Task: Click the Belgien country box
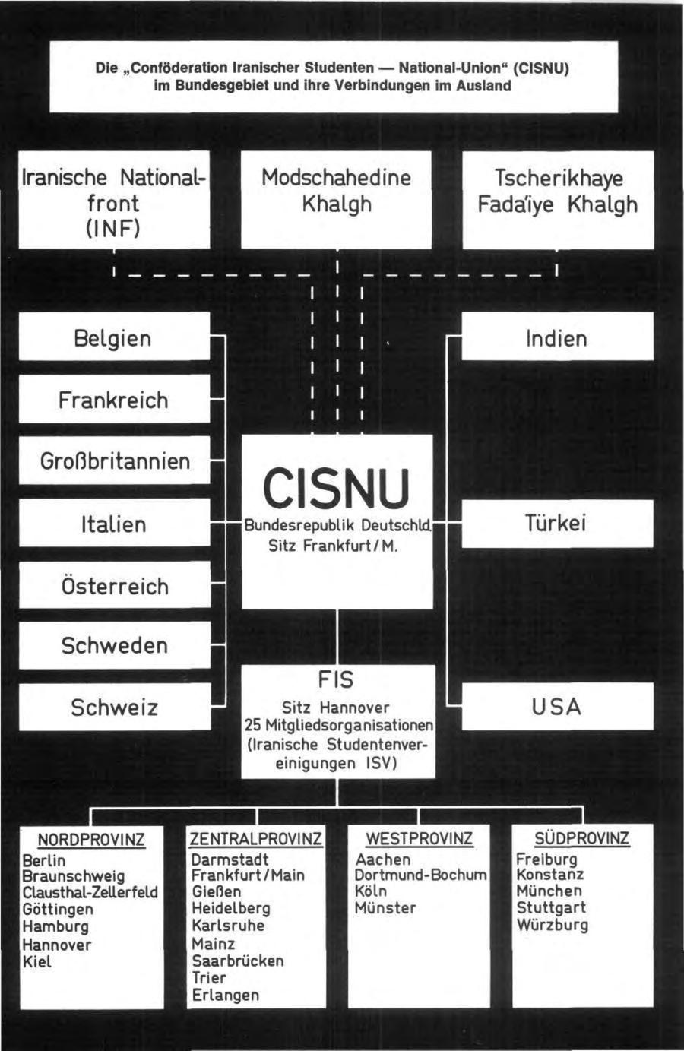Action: (113, 338)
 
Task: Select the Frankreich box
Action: (113, 400)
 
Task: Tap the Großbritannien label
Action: (115, 461)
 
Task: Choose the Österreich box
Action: (115, 586)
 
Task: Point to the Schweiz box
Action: (115, 708)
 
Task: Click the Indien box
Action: (556, 338)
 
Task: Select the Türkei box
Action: (556, 524)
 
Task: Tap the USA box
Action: (556, 708)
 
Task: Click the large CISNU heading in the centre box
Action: (336, 488)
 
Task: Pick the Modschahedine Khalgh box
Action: (336, 192)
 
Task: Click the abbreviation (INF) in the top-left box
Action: (113, 228)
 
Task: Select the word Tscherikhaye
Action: (559, 179)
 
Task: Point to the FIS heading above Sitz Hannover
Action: (336, 679)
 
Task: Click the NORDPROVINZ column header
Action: (91, 840)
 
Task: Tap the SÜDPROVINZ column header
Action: (582, 839)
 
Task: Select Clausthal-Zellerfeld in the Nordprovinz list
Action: (90, 892)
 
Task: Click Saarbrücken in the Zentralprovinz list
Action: (237, 961)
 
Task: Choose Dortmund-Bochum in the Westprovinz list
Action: (420, 875)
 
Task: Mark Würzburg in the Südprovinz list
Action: (552, 926)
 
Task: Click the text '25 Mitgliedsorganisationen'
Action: (339, 725)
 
